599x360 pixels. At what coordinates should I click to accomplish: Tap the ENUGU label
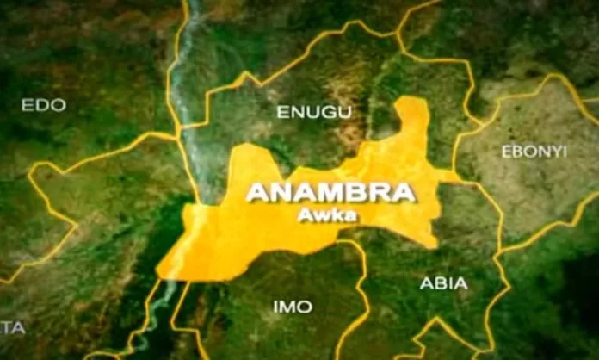click(302, 112)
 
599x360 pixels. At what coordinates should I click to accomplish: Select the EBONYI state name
click(534, 152)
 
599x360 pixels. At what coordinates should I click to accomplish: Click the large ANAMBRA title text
click(330, 192)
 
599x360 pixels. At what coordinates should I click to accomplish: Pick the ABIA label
click(443, 282)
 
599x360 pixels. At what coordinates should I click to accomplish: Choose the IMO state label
click(293, 307)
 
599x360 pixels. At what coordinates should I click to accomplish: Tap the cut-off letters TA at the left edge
click(12, 328)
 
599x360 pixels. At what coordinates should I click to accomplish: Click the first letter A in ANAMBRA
click(257, 193)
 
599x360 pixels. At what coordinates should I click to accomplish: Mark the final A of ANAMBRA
click(403, 193)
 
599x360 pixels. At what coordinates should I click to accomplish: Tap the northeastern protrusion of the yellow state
click(414, 116)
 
